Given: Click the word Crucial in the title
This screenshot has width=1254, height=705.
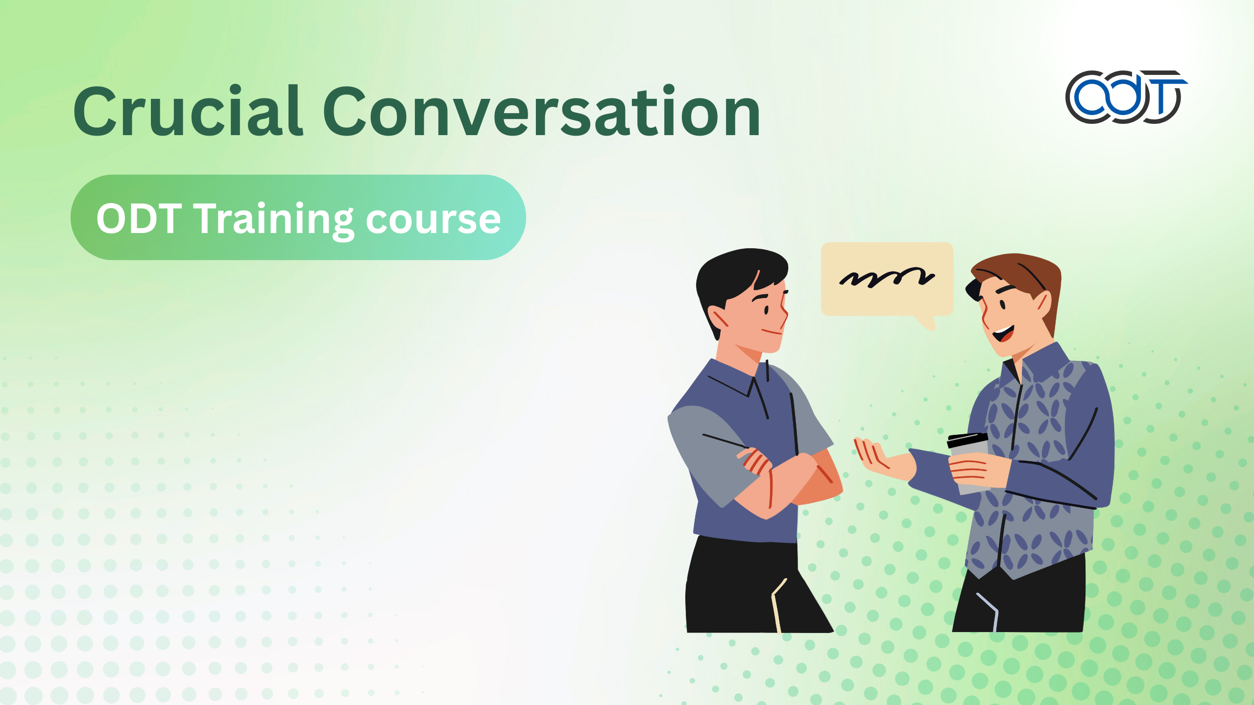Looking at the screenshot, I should point(189,112).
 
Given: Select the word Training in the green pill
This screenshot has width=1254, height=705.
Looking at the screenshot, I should point(274,219).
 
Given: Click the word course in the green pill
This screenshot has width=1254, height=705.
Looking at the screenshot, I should point(433,220).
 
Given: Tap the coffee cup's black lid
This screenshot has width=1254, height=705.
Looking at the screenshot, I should point(967,440).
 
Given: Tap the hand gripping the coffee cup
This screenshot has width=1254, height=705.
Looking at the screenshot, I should point(972,470).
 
